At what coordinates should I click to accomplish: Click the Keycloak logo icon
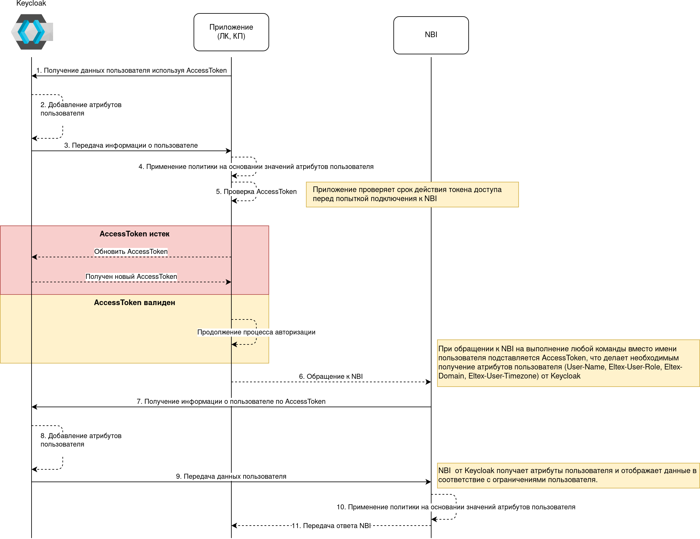(x=32, y=32)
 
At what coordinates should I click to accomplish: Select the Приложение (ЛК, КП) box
(x=231, y=32)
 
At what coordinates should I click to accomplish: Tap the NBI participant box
(x=431, y=35)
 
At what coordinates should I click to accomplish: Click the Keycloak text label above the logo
(x=31, y=3)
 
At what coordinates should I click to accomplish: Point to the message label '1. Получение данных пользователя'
(x=131, y=71)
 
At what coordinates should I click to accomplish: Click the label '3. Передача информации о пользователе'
(x=131, y=146)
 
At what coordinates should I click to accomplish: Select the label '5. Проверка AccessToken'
(x=256, y=192)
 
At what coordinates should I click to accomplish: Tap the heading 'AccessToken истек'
(x=134, y=234)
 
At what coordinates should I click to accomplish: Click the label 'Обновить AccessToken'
(x=131, y=252)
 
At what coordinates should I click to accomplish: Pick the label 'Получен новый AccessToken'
(x=131, y=277)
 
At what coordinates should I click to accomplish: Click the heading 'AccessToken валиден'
(x=134, y=303)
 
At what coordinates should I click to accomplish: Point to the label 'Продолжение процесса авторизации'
(x=256, y=332)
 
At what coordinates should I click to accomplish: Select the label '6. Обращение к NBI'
(x=331, y=376)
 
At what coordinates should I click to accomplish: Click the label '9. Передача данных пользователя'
(x=231, y=477)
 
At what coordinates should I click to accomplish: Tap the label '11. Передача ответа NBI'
(x=331, y=526)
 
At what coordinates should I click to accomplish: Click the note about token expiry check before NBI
(x=412, y=194)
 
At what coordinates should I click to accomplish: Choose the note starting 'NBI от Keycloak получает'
(x=568, y=475)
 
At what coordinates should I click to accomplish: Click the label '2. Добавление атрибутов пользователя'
(x=81, y=109)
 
